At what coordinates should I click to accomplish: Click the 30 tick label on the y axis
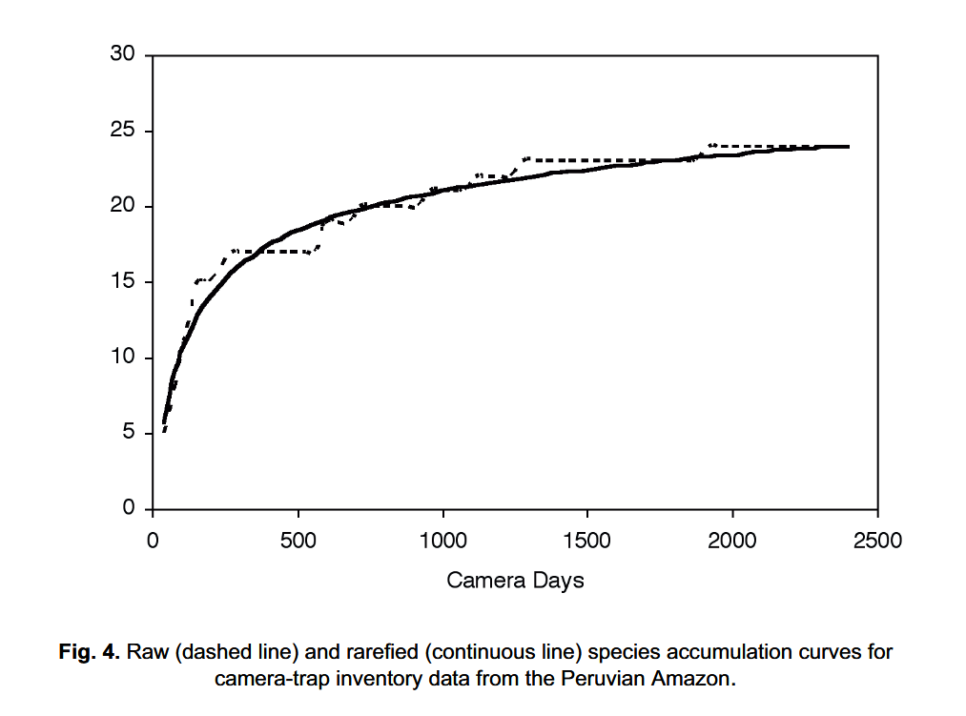(x=123, y=55)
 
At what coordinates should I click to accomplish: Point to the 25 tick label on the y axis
(x=123, y=131)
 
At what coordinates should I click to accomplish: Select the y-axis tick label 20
(x=123, y=207)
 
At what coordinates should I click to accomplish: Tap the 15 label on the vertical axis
(x=123, y=282)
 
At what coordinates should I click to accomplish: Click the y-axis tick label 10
(x=123, y=358)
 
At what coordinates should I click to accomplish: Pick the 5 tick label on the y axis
(x=129, y=434)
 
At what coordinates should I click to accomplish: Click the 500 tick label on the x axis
(x=298, y=542)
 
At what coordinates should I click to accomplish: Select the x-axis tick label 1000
(x=442, y=542)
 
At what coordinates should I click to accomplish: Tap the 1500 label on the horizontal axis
(x=587, y=542)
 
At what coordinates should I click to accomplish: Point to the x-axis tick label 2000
(x=732, y=542)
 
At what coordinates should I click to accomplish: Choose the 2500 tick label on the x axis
(x=877, y=542)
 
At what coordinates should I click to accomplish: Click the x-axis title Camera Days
(x=515, y=580)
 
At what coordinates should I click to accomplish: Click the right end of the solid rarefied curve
(x=848, y=147)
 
